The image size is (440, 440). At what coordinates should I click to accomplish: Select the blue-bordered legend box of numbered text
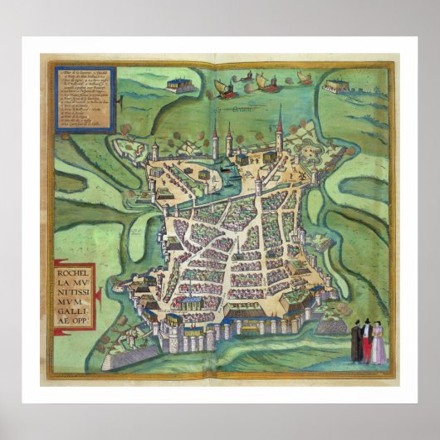pyautogui.click(x=84, y=99)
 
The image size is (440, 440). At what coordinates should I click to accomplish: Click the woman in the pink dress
pyautogui.click(x=378, y=345)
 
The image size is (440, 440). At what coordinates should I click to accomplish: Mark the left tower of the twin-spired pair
pyautogui.click(x=215, y=137)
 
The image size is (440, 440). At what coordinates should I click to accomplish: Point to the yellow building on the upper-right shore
pyautogui.click(x=336, y=85)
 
